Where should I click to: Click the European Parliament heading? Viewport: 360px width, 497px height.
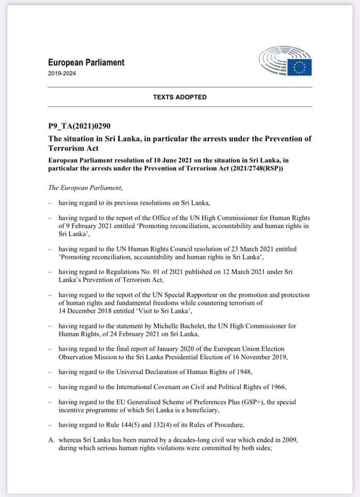pos(86,63)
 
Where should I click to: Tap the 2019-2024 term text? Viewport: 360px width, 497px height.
pos(61,74)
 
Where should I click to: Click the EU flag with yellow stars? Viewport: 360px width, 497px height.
pos(299,66)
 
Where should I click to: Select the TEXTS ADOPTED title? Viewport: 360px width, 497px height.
pos(179,97)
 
